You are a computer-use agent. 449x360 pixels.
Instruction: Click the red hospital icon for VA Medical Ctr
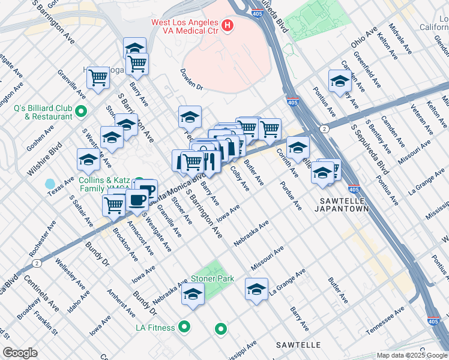(228, 25)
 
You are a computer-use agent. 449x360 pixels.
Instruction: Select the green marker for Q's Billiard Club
(82, 111)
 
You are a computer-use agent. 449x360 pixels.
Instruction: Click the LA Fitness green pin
(185, 327)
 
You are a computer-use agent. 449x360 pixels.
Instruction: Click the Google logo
(20, 353)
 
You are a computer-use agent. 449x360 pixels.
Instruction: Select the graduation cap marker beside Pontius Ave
(340, 81)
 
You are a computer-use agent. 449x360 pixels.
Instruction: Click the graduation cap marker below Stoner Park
(193, 294)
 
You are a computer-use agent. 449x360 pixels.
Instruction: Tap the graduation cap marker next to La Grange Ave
(256, 289)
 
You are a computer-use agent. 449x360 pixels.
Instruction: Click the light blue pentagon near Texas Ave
(50, 183)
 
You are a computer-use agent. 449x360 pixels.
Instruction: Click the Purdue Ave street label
(291, 196)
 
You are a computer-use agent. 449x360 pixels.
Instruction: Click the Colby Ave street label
(240, 178)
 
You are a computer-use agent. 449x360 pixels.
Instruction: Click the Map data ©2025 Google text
(412, 355)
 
